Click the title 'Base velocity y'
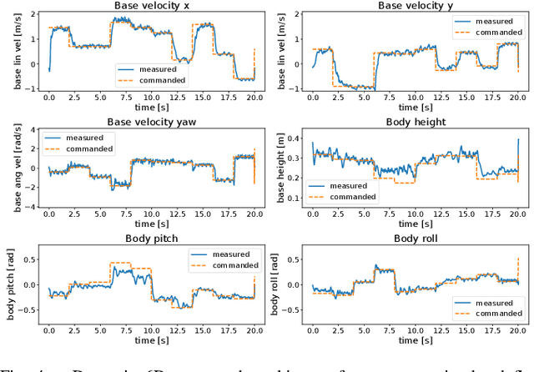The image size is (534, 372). coord(415,6)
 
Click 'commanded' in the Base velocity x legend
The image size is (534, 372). coord(164,80)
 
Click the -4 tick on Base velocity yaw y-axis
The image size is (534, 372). coord(31,205)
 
